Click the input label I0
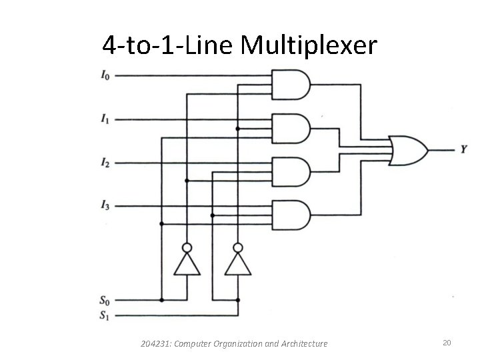[105, 75]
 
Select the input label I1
[105, 119]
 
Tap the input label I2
[105, 163]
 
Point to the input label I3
[105, 207]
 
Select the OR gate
[407, 150]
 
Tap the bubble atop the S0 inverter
[187, 247]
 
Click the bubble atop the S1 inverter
[238, 247]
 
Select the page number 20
[447, 343]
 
